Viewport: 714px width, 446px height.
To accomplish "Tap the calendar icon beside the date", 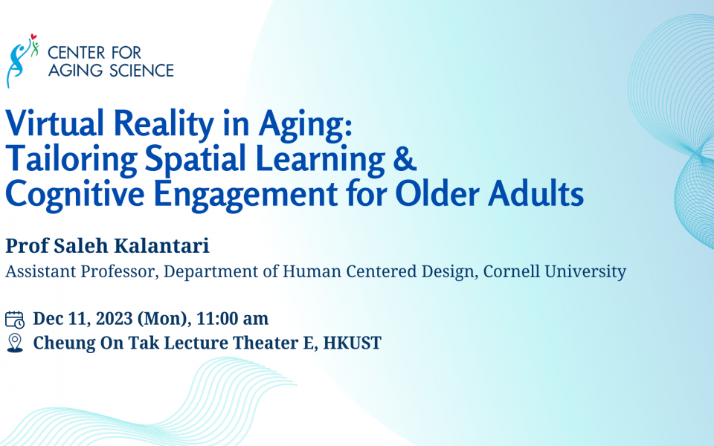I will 15,320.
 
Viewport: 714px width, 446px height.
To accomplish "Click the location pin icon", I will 15,343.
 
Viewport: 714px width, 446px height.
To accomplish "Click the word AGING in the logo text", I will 70,71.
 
